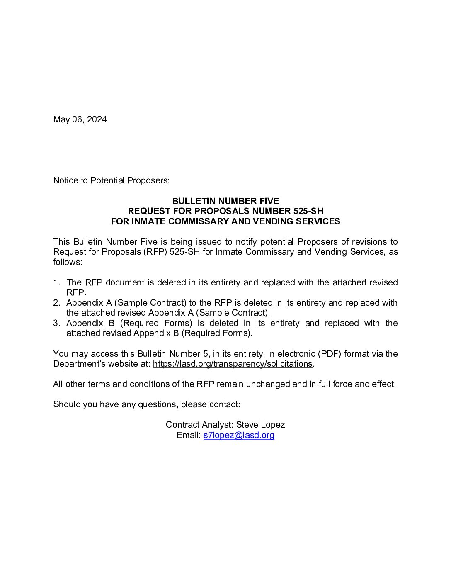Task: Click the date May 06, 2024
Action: tap(80, 119)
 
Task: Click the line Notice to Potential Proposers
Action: tap(111, 180)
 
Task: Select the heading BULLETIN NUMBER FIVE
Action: tap(225, 201)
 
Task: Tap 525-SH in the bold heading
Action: tap(308, 211)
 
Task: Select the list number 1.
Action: tap(56, 282)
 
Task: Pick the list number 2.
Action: tap(56, 303)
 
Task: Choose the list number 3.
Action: tap(56, 323)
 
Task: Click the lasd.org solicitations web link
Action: tap(233, 364)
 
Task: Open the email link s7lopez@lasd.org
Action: tap(239, 435)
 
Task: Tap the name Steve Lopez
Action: tap(260, 425)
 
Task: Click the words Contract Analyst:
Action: tap(199, 425)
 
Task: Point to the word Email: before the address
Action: tap(189, 435)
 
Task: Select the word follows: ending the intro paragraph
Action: tap(68, 262)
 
